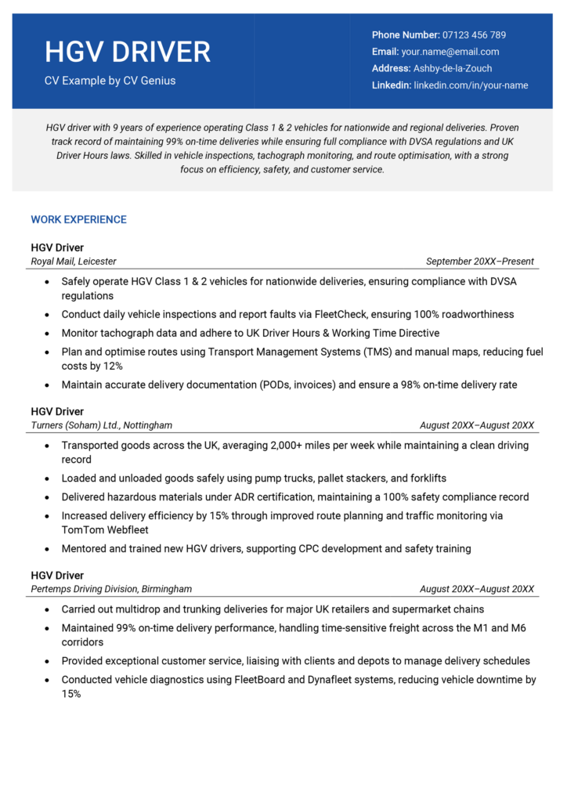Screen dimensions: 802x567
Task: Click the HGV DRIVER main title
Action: tap(128, 52)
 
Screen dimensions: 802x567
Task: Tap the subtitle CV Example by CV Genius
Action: tap(110, 81)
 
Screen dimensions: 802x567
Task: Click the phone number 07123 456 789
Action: tap(474, 35)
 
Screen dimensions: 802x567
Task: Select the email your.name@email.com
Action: tap(450, 52)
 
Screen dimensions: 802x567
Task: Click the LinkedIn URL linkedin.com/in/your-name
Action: tap(471, 85)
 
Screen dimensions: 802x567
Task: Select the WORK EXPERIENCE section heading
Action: tap(78, 220)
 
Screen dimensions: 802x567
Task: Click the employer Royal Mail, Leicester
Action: tap(74, 262)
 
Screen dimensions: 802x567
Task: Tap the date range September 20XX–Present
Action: tap(479, 262)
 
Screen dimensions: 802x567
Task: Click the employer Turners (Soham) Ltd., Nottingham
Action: tap(102, 425)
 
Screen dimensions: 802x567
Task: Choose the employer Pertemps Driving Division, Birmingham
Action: tap(111, 589)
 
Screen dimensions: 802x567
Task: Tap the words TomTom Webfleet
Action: tap(100, 529)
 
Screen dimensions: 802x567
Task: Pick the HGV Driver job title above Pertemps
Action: tap(57, 576)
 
